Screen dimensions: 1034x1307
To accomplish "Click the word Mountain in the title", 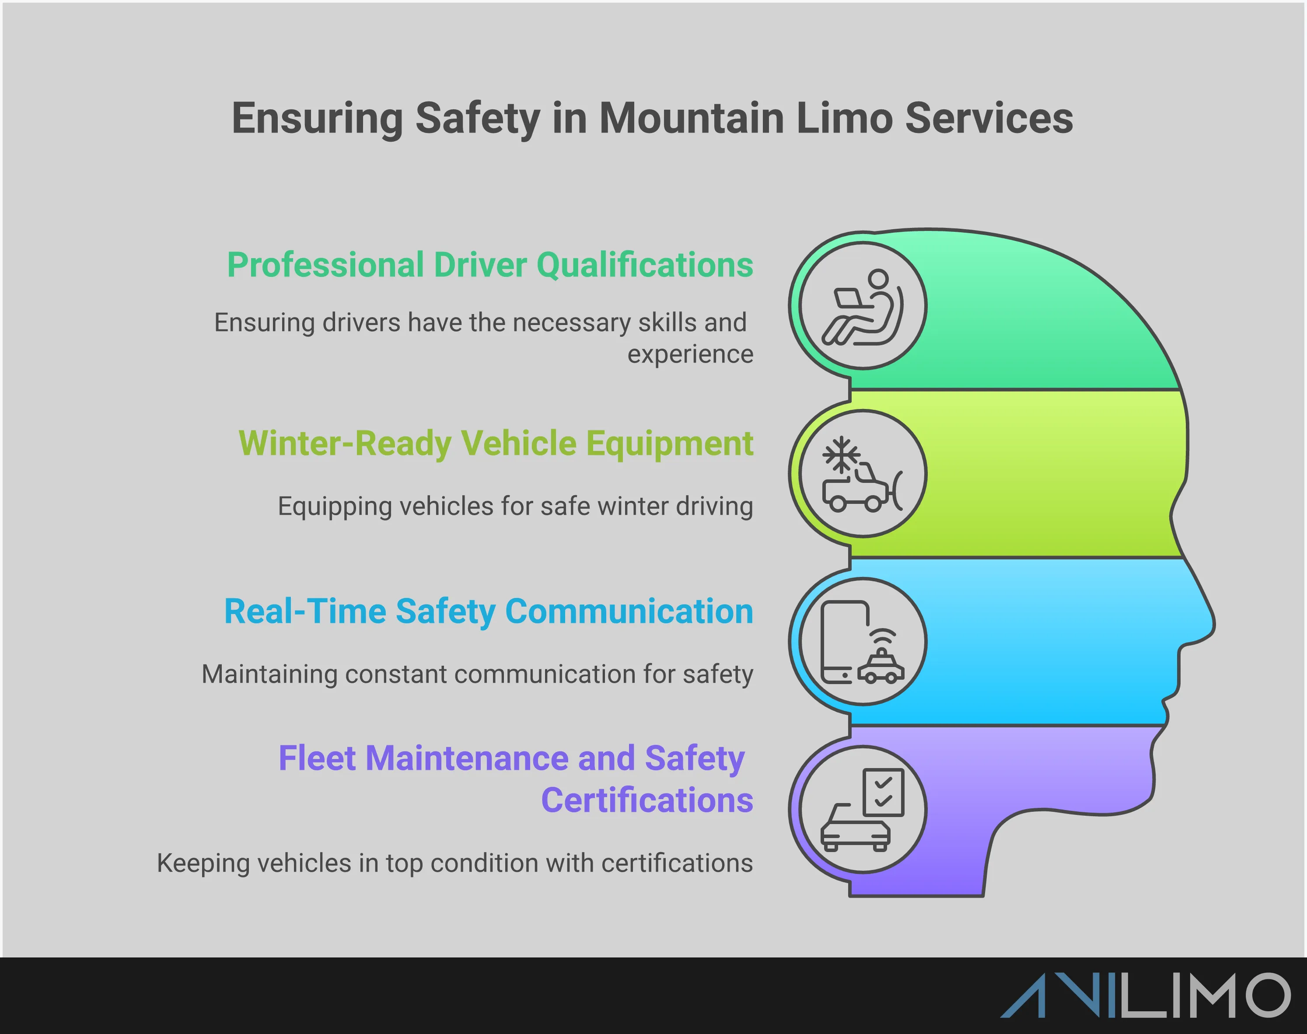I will pos(691,118).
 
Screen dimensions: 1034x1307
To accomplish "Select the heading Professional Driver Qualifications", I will pos(490,265).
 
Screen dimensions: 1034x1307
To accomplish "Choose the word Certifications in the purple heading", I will pos(647,800).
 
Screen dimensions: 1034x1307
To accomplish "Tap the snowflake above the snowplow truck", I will pos(841,454).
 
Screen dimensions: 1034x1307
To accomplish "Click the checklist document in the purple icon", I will pos(883,792).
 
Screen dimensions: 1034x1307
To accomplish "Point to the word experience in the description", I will pos(690,354).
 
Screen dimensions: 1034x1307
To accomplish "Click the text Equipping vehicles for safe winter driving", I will pos(515,506).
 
